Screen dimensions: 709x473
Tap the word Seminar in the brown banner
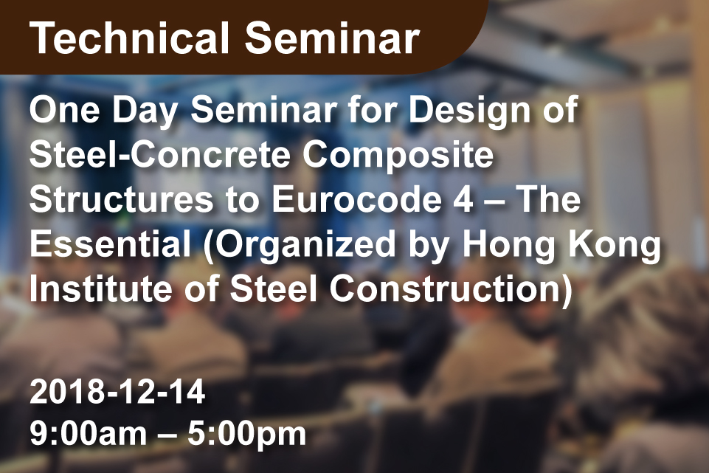click(332, 38)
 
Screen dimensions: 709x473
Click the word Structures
click(121, 199)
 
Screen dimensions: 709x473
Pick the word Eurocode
click(357, 199)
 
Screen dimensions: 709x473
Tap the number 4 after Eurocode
click(463, 199)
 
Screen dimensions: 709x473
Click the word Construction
click(450, 289)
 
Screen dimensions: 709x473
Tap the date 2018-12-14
click(117, 391)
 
